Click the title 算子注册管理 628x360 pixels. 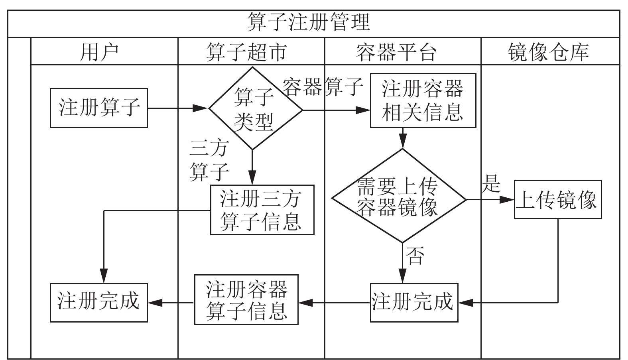click(308, 22)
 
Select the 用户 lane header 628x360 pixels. click(99, 52)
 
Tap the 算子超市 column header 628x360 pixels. click(247, 52)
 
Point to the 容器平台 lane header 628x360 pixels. click(396, 52)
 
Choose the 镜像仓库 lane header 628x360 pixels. click(548, 52)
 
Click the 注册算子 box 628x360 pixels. click(99, 108)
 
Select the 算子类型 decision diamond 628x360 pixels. click(256, 108)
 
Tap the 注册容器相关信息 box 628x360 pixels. click(423, 100)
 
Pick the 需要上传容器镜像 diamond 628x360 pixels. click(399, 196)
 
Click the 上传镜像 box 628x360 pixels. click(558, 199)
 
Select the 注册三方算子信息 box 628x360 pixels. click(262, 210)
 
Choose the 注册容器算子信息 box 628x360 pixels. click(246, 299)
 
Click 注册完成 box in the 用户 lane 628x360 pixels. click(99, 303)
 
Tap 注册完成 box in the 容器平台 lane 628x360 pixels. click(414, 303)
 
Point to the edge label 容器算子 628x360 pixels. click(323, 87)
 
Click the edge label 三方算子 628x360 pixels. click(209, 160)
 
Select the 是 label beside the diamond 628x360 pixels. click(491, 183)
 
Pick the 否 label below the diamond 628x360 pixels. click(415, 256)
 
